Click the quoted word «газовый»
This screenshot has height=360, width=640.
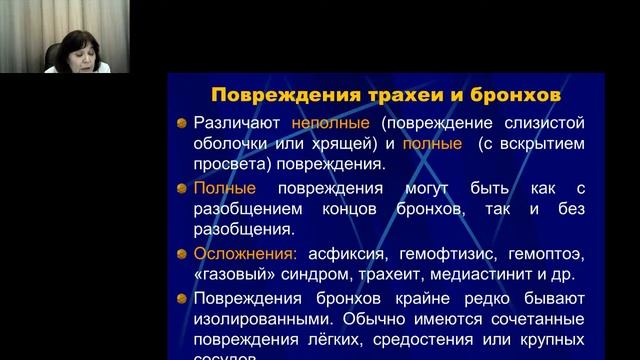[x=228, y=275]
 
